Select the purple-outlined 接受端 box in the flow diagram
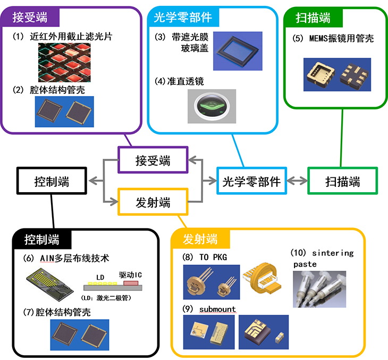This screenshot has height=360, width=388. pos(153,159)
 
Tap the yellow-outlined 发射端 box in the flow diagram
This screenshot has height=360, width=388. pos(153,202)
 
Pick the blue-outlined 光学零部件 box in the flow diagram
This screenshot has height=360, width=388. pos(251,182)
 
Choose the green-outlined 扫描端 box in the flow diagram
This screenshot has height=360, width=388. pos(343,182)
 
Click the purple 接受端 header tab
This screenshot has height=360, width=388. pos(30,17)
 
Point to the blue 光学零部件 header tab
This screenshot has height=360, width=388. pos(182,17)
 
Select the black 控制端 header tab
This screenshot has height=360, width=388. pos(42,239)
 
